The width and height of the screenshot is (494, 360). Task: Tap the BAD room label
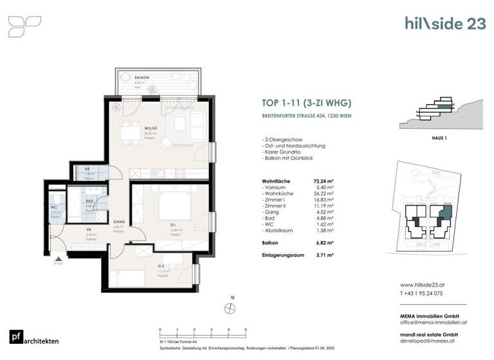(90, 201)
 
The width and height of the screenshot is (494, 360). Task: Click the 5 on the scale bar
(246, 330)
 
